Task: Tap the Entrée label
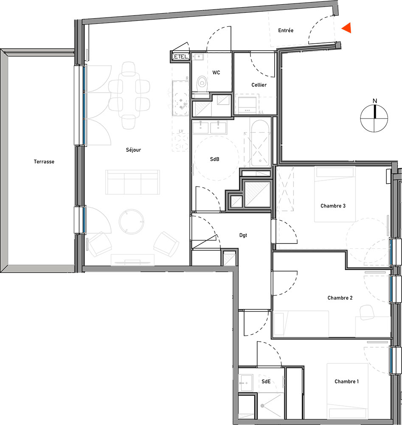286,30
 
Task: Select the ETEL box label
180,57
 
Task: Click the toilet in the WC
202,84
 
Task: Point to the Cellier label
259,85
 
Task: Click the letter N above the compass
375,101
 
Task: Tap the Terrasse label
44,161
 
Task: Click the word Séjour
133,150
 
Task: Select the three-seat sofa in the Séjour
132,182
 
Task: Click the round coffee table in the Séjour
131,222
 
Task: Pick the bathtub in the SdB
260,143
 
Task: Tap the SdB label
214,159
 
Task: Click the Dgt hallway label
243,235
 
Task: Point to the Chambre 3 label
333,206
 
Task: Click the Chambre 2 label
340,298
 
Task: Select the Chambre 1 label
346,381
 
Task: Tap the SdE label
266,381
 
